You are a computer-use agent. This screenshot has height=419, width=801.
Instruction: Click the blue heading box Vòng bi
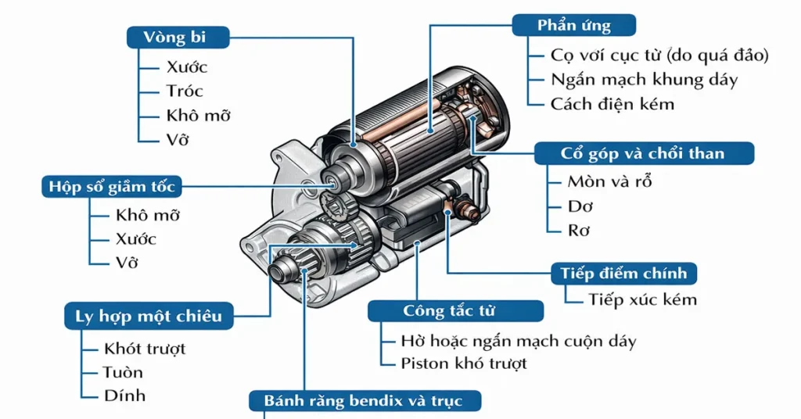point(178,38)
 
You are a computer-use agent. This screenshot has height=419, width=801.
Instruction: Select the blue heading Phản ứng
point(573,25)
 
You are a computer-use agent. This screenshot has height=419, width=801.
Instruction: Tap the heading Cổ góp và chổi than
point(643,153)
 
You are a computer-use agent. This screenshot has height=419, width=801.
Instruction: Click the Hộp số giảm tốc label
point(112,187)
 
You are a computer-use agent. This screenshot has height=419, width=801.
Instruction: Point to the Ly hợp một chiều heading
point(149,316)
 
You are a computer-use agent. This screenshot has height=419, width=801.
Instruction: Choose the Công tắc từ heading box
point(455,310)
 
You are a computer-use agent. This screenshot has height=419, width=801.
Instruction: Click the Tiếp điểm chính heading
point(623,274)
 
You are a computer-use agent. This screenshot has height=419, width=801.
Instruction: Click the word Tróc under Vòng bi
point(185,91)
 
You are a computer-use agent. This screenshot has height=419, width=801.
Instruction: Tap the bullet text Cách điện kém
point(612,104)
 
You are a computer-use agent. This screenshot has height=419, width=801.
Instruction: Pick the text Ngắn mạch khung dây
point(644,80)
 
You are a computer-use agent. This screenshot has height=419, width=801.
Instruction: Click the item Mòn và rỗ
point(609,182)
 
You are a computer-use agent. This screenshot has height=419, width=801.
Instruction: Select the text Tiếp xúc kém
point(642,300)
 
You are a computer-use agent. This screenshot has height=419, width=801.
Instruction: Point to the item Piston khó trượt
point(464,363)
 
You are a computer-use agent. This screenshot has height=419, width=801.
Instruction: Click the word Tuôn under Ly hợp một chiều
point(124,372)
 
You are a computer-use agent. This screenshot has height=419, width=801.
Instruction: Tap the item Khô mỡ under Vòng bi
point(199,116)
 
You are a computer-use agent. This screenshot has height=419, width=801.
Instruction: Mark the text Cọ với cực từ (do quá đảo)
point(659,56)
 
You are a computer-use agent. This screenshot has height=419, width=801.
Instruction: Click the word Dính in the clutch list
point(124,396)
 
